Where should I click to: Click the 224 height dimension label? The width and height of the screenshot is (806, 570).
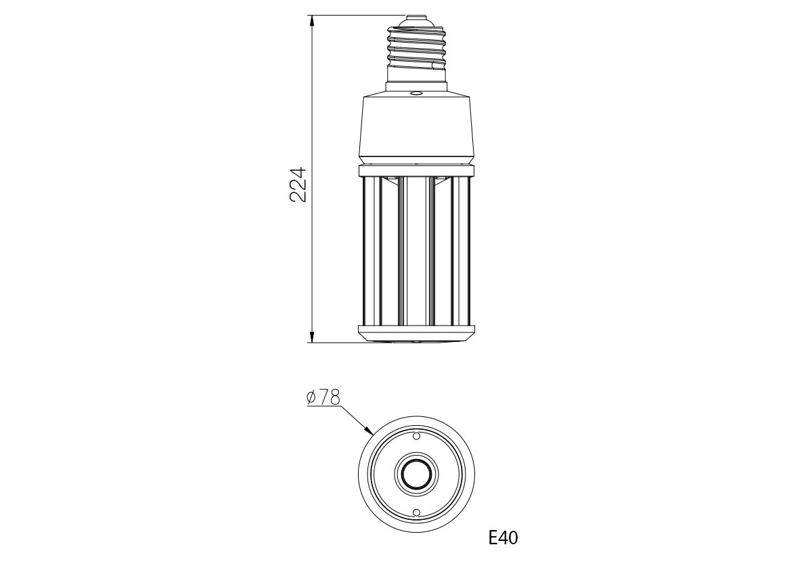click(x=298, y=185)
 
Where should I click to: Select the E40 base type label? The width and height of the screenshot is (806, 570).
click(x=503, y=538)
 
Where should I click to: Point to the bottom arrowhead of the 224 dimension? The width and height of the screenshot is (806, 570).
click(x=311, y=336)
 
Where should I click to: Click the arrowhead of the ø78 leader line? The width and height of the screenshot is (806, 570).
click(x=368, y=431)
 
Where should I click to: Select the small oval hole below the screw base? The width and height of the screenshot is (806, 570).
click(x=416, y=93)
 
